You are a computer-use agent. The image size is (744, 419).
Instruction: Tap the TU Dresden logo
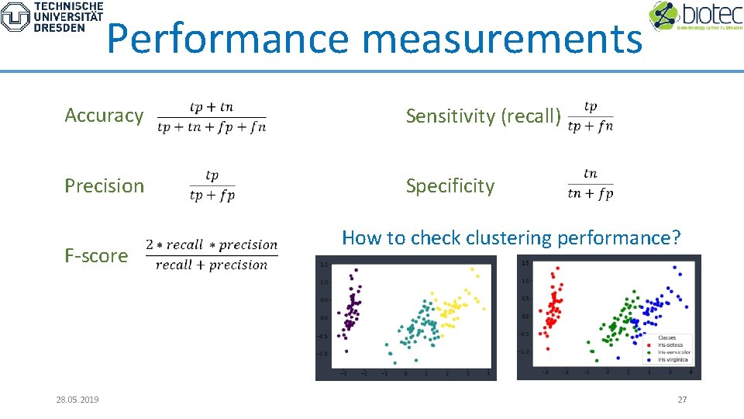[52, 16]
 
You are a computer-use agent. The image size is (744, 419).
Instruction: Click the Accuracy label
[104, 116]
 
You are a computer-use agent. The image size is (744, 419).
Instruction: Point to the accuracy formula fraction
[211, 117]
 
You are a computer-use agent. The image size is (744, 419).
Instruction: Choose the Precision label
[104, 185]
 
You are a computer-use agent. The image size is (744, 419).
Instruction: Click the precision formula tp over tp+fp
[212, 186]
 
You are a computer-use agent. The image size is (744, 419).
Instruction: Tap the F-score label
[96, 255]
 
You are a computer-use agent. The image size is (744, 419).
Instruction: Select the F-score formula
[212, 255]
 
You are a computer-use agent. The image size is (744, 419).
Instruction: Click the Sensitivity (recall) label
[484, 116]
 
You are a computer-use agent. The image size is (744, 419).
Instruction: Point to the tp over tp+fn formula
[590, 116]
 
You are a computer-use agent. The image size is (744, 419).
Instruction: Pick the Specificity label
[449, 185]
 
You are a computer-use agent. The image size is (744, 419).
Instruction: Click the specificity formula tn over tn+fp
[590, 185]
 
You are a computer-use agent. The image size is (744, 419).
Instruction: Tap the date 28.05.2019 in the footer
[77, 400]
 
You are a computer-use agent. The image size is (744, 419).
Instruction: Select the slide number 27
[682, 400]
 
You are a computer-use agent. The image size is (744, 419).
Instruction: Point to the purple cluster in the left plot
[353, 306]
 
